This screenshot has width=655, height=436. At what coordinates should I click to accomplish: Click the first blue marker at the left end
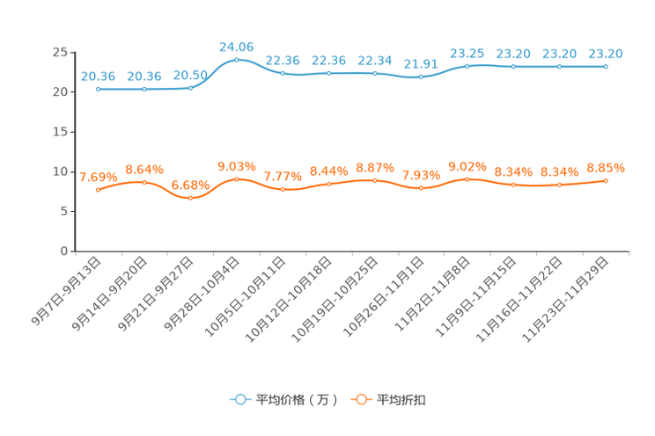tap(98, 89)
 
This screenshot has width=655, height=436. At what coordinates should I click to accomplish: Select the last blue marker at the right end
tap(606, 67)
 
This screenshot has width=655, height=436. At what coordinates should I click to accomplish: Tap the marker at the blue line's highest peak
tap(237, 59)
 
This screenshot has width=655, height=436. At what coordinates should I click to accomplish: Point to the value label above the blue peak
tap(236, 45)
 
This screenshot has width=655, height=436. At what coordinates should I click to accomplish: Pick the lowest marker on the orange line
tap(190, 198)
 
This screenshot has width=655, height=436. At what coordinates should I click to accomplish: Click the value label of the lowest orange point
tap(190, 185)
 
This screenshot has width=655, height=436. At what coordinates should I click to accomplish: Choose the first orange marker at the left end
tap(98, 190)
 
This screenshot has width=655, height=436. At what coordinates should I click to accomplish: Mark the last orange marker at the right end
tap(606, 180)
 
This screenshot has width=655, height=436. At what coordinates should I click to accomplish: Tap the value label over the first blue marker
tap(98, 76)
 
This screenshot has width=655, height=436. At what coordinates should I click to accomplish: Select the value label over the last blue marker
tap(606, 54)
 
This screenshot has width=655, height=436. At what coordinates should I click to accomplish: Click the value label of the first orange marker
tap(95, 177)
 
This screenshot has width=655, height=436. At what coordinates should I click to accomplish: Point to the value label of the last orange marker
tap(606, 167)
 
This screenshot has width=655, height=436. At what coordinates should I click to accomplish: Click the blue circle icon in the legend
tap(239, 399)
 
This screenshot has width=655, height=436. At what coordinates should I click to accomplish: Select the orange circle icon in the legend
tap(360, 399)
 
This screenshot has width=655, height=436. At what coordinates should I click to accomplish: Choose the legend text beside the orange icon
tap(402, 400)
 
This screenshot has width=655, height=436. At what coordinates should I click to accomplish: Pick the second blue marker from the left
tap(144, 89)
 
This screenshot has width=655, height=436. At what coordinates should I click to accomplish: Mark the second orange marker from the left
tap(144, 182)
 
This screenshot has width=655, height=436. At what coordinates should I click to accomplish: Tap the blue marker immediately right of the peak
tap(283, 74)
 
